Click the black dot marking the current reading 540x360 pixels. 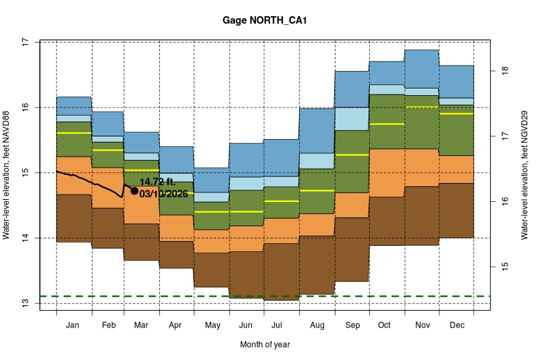[134, 191]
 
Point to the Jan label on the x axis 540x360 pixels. [74, 326]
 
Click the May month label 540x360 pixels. [212, 326]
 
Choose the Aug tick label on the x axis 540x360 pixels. [317, 326]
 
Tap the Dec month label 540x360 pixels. [456, 326]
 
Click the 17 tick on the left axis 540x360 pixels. [26, 42]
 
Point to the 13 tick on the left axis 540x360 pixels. [26, 303]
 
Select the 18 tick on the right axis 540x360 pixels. [504, 70]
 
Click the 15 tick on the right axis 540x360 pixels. [504, 267]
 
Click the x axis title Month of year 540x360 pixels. [265, 344]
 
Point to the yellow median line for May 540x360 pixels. [212, 212]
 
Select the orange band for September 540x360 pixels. [352, 205]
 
